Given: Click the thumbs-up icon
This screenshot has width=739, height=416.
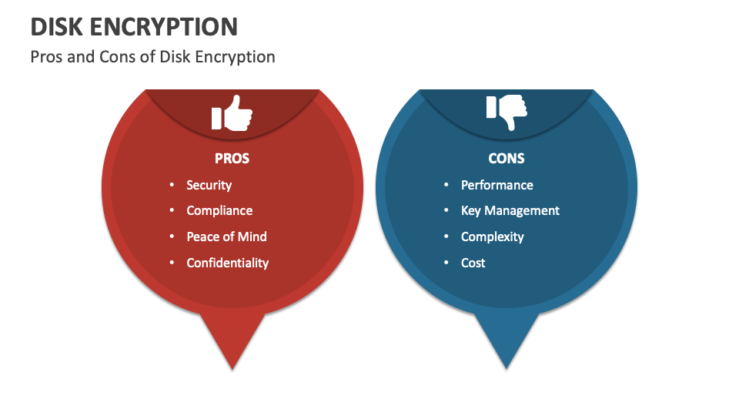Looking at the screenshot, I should click(x=232, y=114).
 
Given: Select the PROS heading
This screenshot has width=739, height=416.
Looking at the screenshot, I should click(x=232, y=159).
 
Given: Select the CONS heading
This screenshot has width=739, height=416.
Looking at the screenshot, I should click(x=506, y=159).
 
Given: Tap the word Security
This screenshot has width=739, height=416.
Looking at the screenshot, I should click(x=209, y=185).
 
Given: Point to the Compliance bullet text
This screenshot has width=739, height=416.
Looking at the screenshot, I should click(x=219, y=210).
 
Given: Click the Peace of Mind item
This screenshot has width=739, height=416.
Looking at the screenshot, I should click(x=226, y=237).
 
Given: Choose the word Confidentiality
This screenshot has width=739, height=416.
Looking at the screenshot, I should click(x=227, y=263).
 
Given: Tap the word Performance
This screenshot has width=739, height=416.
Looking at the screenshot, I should click(x=497, y=185).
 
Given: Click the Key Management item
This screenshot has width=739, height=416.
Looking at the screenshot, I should click(x=510, y=210).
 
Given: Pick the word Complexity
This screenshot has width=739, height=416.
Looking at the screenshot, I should click(x=492, y=237).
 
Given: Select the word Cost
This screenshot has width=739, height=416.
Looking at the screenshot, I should click(x=473, y=263).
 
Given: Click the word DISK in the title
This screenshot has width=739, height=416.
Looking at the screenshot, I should click(x=59, y=27).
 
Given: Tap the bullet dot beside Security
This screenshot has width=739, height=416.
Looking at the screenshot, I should click(x=172, y=185).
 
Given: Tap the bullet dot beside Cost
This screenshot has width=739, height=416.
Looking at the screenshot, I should click(x=446, y=263).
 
